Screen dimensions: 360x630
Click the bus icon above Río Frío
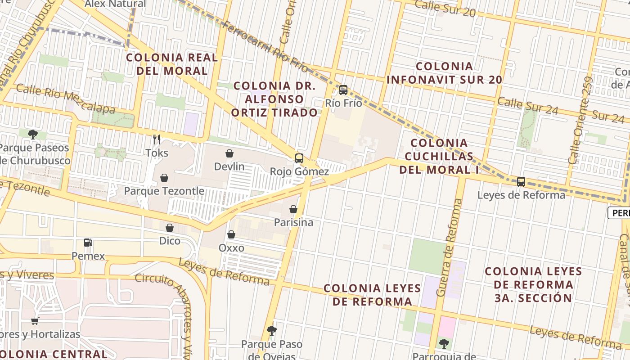point(343,90)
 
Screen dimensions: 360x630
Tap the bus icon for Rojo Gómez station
point(299,158)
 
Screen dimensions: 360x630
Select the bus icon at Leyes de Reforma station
point(521,182)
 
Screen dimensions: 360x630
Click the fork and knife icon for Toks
point(157,139)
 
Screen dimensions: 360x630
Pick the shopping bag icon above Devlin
point(229,153)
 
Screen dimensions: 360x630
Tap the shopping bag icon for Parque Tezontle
point(164,178)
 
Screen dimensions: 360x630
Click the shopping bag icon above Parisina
point(293,209)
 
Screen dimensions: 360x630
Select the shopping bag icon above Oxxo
point(231,234)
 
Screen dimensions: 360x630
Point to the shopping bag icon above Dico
point(170,228)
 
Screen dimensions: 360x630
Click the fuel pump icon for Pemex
point(88,243)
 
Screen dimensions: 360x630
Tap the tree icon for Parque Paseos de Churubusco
point(32,134)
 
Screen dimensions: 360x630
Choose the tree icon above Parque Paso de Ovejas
point(271,331)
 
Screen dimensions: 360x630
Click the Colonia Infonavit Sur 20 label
point(444,73)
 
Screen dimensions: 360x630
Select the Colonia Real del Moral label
point(172,64)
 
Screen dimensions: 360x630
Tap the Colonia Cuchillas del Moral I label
point(439,156)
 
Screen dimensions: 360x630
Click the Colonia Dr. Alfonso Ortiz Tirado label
point(274,99)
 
